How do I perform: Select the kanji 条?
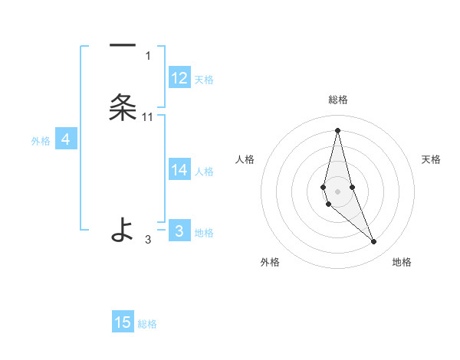tap(123, 108)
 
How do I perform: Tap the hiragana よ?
tap(123, 229)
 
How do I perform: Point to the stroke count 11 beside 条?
tap(148, 117)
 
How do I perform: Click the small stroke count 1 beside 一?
tap(148, 55)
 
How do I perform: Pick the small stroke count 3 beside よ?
tap(148, 240)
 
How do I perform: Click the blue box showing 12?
tap(179, 78)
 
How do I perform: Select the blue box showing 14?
tap(179, 170)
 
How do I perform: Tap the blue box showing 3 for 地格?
tap(179, 231)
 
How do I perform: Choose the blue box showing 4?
tap(66, 139)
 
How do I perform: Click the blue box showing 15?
tap(123, 322)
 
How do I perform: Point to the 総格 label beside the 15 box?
tap(147, 324)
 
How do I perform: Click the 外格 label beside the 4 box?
tap(41, 141)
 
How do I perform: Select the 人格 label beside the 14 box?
tap(205, 172)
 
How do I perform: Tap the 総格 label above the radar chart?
tap(338, 100)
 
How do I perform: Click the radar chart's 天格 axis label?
tap(431, 159)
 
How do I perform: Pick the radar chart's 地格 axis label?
tap(402, 262)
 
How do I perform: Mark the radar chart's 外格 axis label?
tap(270, 262)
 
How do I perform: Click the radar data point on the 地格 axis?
tap(373, 242)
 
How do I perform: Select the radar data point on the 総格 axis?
tap(337, 129)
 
